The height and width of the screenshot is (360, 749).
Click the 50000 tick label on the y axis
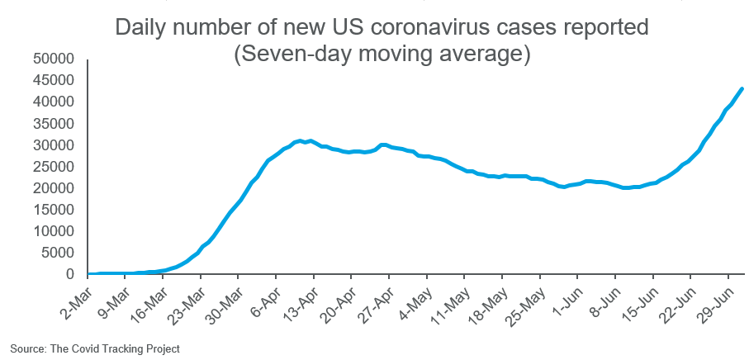55,59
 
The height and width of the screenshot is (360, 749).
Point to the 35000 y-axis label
55,124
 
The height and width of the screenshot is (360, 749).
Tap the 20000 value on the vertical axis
55,188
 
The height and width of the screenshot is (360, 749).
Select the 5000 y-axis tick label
59,253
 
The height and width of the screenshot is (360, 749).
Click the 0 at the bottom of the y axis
72,274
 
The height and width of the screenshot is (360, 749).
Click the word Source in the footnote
27,349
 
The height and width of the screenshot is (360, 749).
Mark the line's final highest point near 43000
742,88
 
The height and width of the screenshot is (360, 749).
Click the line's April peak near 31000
309,140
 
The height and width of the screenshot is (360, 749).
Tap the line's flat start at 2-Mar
90,273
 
